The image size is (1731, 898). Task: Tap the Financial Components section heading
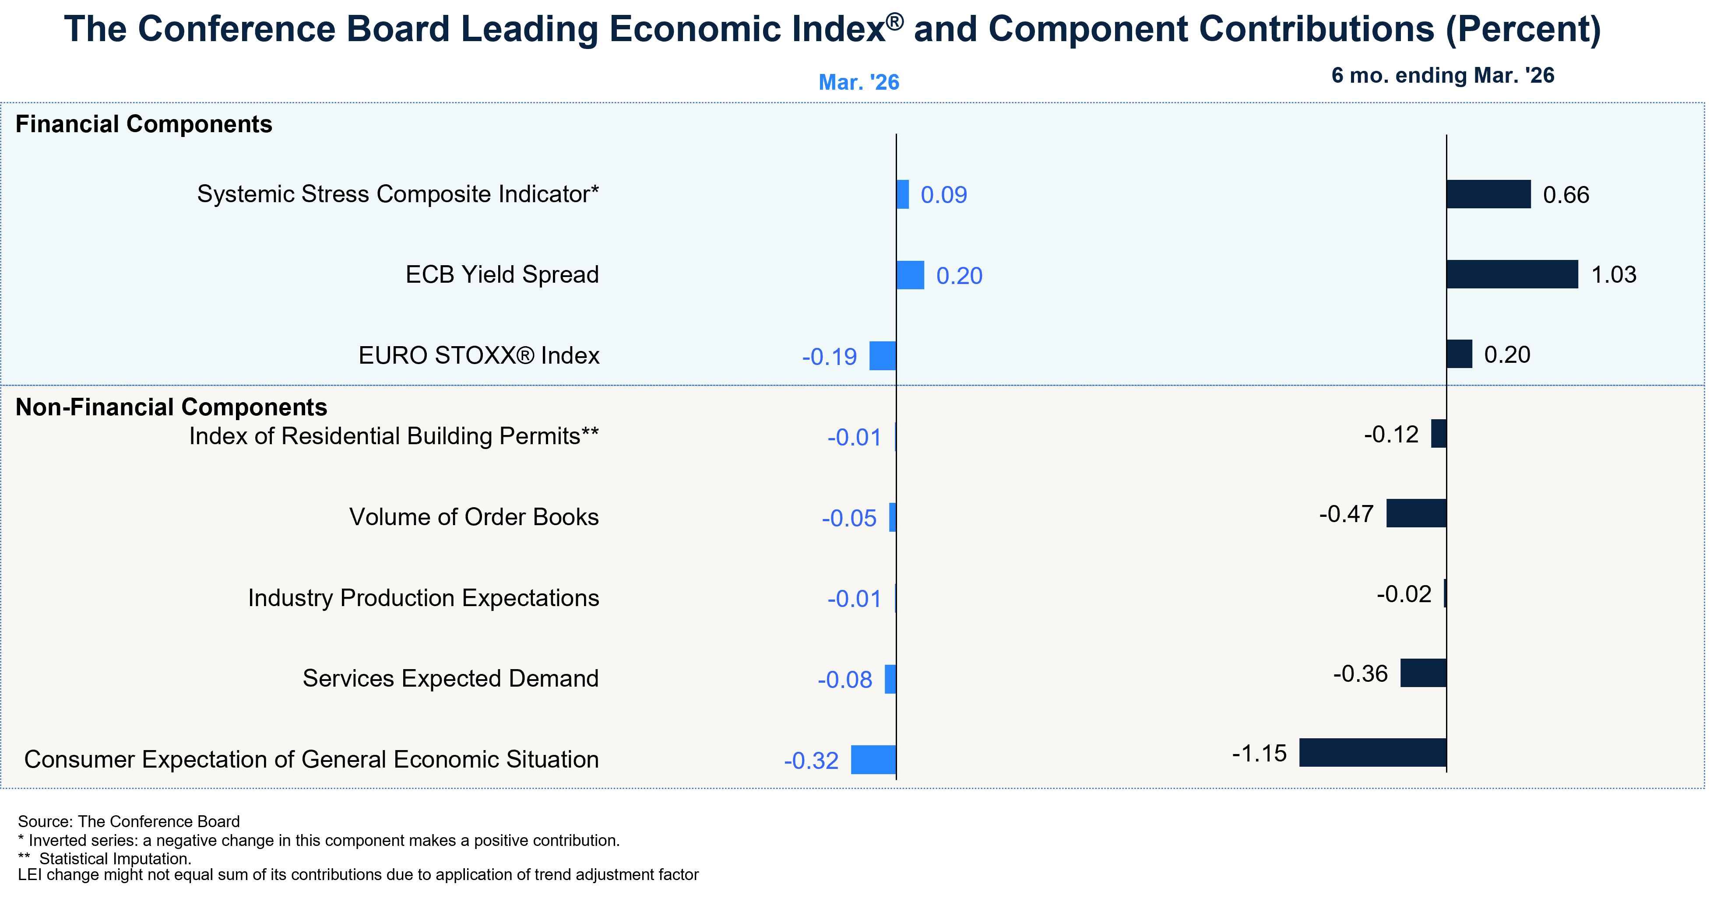click(143, 124)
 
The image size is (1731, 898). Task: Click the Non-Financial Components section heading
click(171, 407)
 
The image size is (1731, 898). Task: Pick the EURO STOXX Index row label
click(478, 355)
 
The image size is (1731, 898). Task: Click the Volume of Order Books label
click(474, 517)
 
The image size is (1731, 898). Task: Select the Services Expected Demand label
click(450, 678)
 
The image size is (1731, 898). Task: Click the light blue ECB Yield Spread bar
click(911, 275)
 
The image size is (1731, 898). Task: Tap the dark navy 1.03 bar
click(1512, 274)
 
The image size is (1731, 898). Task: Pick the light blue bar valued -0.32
click(873, 760)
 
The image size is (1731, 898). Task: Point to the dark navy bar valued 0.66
click(1488, 194)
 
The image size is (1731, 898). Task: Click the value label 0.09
click(943, 195)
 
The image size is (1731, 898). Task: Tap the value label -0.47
click(1346, 514)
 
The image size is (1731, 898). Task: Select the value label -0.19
click(829, 357)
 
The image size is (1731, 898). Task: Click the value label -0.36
click(1360, 673)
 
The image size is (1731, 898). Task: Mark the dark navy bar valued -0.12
click(1439, 434)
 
